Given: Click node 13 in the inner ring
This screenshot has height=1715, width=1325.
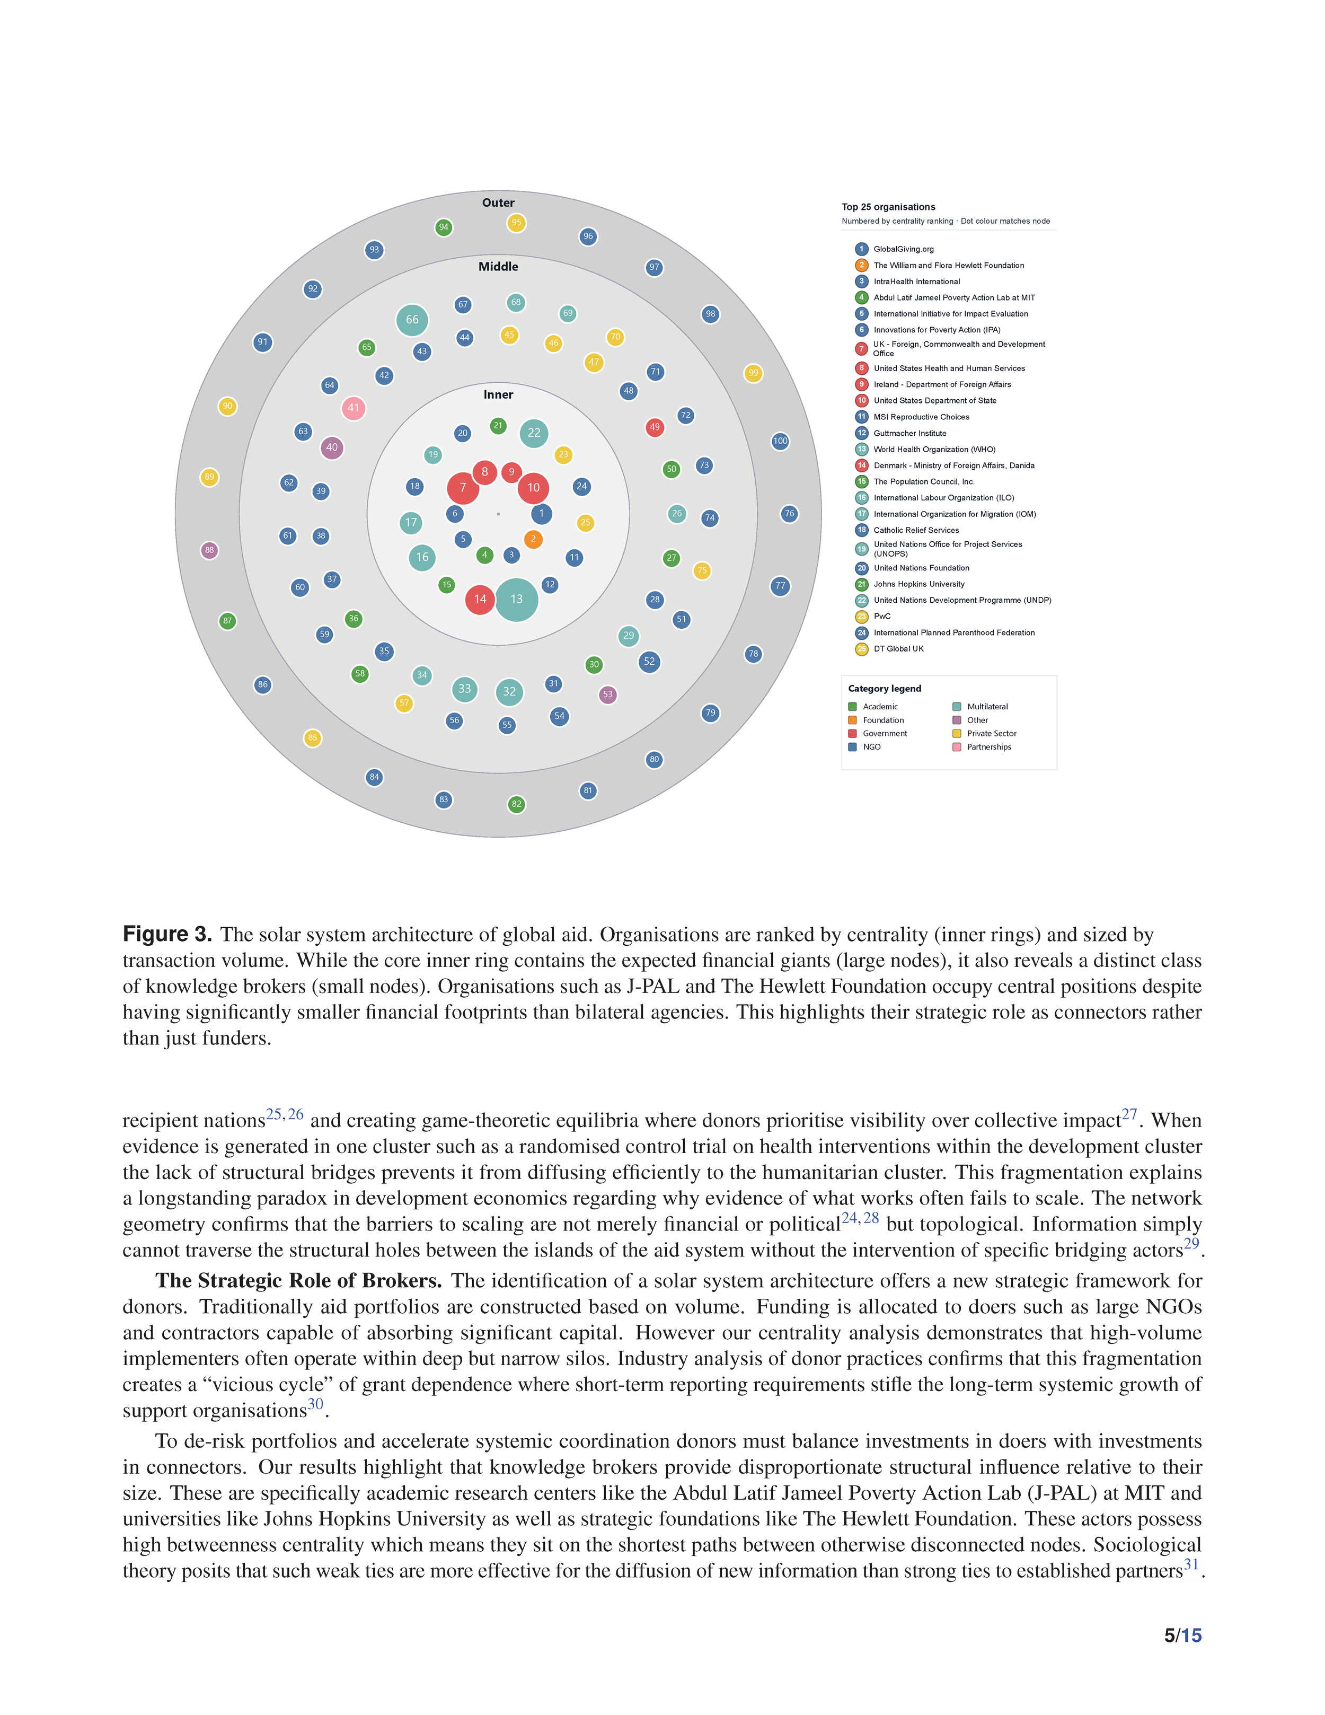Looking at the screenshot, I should (517, 599).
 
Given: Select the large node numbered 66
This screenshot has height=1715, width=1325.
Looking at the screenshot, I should (412, 320).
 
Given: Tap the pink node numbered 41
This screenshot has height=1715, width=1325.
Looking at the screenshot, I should (353, 408).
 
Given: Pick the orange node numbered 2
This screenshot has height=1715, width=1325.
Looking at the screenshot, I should (533, 539).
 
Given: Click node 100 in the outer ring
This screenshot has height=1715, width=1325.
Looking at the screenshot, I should (780, 441).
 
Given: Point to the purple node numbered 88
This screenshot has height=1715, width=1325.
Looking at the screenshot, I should (209, 550).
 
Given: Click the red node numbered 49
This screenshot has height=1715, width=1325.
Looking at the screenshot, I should (655, 427).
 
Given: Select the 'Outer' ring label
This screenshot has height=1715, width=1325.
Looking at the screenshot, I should (498, 203).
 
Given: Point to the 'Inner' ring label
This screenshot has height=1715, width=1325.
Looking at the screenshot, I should (498, 394).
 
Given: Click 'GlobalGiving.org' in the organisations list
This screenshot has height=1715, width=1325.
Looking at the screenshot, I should (904, 249).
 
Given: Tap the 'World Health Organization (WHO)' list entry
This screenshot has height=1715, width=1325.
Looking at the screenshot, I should (934, 449).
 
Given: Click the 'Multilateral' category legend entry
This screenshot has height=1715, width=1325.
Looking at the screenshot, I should (987, 707).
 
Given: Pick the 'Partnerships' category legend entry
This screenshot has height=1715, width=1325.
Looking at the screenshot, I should (988, 747).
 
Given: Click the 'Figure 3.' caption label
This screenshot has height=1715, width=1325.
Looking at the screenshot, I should (167, 934).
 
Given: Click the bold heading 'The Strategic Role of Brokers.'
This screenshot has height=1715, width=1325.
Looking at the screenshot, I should (298, 1281).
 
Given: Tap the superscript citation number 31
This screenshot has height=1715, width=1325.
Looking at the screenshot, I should (1191, 1564).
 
